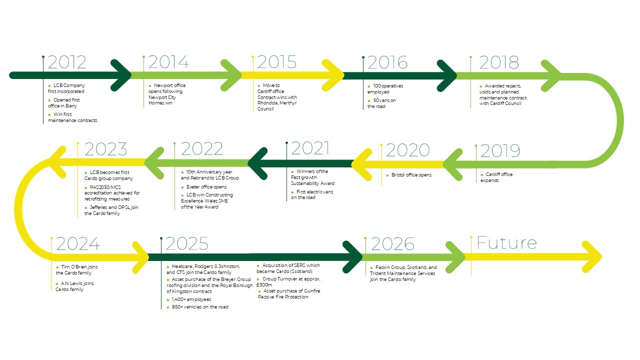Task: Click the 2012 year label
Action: click(x=67, y=62)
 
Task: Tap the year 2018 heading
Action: click(x=499, y=62)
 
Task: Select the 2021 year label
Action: click(x=310, y=148)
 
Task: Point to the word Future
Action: click(x=506, y=243)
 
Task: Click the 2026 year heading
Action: click(x=392, y=243)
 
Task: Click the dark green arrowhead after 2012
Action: click(x=120, y=75)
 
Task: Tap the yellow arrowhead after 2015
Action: click(x=333, y=75)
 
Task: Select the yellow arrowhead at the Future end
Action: click(x=592, y=257)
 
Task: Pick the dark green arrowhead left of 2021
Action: click(x=258, y=163)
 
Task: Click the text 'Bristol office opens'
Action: click(x=411, y=175)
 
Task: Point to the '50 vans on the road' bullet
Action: click(x=381, y=103)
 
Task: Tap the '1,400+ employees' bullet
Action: click(x=189, y=299)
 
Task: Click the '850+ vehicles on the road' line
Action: click(x=197, y=307)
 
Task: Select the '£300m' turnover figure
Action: click(x=264, y=285)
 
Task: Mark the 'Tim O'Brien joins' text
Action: click(x=77, y=267)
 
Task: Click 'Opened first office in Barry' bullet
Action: click(x=64, y=103)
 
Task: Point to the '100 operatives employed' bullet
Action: click(x=385, y=89)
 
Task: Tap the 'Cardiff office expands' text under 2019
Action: click(x=496, y=177)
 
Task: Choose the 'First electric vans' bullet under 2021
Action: click(x=312, y=194)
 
